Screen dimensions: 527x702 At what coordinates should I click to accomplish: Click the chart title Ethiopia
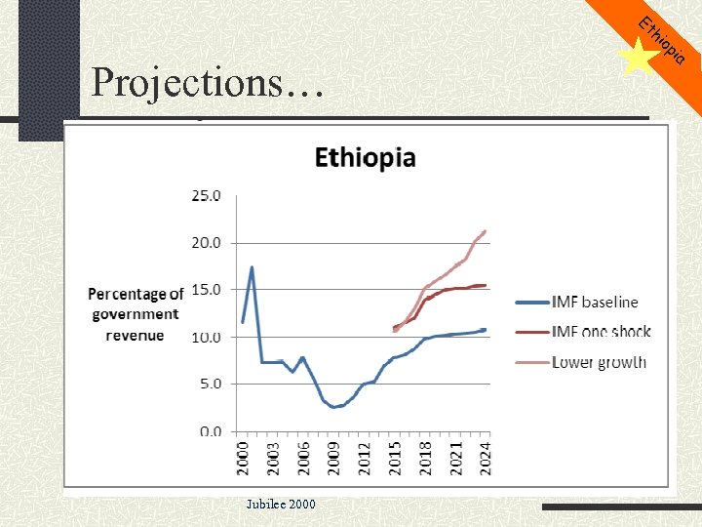pyautogui.click(x=364, y=158)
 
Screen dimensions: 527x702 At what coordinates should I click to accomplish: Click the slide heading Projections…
pyautogui.click(x=207, y=83)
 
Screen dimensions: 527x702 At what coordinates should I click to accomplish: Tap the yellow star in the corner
pyautogui.click(x=638, y=58)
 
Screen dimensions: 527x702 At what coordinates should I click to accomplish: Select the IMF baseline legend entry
pyautogui.click(x=595, y=303)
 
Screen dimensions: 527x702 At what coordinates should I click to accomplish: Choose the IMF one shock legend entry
pyautogui.click(x=601, y=332)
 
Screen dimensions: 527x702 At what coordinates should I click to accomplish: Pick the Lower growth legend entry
pyautogui.click(x=599, y=362)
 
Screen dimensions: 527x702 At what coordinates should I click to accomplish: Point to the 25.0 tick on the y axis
pyautogui.click(x=205, y=195)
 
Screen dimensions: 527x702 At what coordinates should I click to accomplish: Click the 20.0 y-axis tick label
pyautogui.click(x=205, y=242)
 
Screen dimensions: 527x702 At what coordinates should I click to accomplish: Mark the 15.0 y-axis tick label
pyautogui.click(x=205, y=290)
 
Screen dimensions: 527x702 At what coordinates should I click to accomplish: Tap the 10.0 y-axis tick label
pyautogui.click(x=205, y=337)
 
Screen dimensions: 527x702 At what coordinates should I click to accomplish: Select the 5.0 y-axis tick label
pyautogui.click(x=208, y=384)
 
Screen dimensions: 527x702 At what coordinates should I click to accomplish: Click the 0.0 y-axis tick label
pyautogui.click(x=208, y=431)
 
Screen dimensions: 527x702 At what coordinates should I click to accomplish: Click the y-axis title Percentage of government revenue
pyautogui.click(x=136, y=314)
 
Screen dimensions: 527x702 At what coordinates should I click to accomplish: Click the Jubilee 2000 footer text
pyautogui.click(x=281, y=503)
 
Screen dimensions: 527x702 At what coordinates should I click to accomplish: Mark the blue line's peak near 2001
pyautogui.click(x=252, y=267)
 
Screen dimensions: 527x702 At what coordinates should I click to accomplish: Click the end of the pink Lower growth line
pyautogui.click(x=486, y=231)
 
